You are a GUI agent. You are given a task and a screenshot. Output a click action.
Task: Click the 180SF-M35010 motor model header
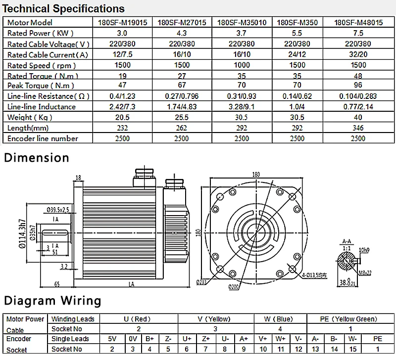click(242, 22)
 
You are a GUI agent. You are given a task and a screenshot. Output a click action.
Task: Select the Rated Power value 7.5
click(358, 33)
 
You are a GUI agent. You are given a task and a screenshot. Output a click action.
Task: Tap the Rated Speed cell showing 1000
click(242, 65)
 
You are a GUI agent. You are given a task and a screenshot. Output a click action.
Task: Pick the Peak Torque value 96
click(358, 86)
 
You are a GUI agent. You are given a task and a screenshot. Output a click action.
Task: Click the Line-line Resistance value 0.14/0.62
click(297, 96)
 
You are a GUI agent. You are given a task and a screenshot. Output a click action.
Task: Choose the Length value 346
click(358, 128)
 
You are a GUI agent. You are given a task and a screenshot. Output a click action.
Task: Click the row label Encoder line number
click(43, 138)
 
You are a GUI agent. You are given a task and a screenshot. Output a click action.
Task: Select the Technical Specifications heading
click(64, 9)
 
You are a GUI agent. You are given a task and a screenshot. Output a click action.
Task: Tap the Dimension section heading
click(37, 158)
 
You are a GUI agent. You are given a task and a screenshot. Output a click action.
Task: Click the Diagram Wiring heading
click(52, 300)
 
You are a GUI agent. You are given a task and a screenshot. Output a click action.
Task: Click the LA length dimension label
click(131, 284)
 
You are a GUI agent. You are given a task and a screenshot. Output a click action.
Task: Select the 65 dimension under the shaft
click(57, 284)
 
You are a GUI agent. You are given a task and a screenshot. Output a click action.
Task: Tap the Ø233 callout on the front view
click(202, 282)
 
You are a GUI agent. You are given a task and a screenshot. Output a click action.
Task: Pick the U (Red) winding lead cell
click(139, 319)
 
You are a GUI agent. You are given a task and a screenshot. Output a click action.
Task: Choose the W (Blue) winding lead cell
click(280, 319)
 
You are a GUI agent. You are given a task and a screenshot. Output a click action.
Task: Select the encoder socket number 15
click(353, 349)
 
